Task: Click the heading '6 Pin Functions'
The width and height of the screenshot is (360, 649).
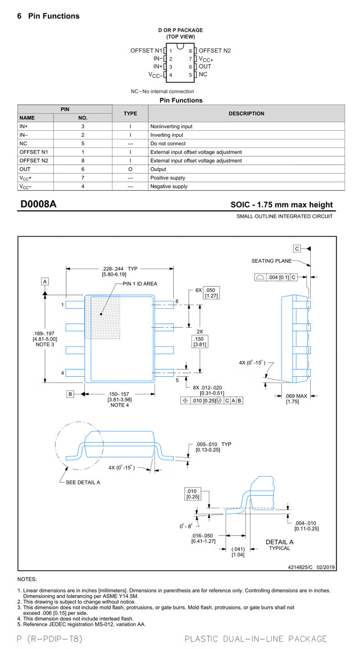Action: click(48, 16)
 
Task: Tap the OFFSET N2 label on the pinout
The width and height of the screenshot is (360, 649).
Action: click(215, 51)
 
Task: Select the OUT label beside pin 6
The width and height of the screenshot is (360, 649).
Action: click(205, 66)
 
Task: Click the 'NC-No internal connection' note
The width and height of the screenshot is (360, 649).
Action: click(162, 92)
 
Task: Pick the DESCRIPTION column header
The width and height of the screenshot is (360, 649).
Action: click(246, 113)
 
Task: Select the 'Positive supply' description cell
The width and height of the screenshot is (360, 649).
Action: click(168, 178)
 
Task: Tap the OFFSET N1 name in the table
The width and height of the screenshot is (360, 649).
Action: click(30, 152)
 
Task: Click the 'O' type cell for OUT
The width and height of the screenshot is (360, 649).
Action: click(130, 169)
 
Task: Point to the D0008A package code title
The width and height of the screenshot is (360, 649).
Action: click(38, 204)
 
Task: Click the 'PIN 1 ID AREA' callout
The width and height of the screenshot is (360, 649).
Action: click(140, 284)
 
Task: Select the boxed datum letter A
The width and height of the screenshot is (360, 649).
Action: click(45, 281)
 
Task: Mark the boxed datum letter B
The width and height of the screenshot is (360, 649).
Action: click(71, 394)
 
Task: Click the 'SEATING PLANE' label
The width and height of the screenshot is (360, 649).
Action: click(271, 261)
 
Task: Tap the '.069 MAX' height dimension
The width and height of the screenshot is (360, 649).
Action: click(296, 396)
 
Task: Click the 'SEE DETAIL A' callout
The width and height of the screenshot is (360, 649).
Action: click(83, 482)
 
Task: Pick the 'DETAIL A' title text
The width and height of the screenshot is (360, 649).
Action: click(279, 542)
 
